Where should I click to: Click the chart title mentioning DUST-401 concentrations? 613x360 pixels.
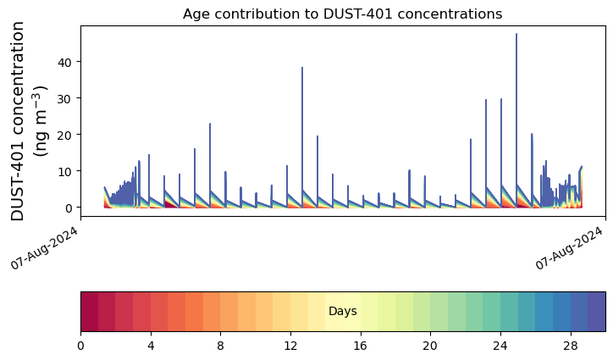point(342,14)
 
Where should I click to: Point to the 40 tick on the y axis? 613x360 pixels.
point(64,62)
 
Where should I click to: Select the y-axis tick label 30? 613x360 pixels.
point(64,98)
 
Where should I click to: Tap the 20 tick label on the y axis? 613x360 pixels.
point(64,135)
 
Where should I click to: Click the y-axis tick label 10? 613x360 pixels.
point(64,171)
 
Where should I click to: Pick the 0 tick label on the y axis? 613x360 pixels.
point(69,208)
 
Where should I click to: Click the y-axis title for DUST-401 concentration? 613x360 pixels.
point(29,121)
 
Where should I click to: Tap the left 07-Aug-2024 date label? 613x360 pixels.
point(44,247)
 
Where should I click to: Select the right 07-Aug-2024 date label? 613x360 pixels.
point(569,247)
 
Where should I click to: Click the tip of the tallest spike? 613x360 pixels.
point(516,34)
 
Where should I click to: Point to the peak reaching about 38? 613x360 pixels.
point(302,67)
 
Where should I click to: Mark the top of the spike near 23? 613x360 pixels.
point(210,124)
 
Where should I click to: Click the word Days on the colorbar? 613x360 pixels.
point(342,311)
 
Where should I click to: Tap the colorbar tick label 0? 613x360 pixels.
point(81,346)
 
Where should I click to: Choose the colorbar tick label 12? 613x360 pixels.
point(290,346)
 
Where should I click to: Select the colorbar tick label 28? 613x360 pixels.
point(571,346)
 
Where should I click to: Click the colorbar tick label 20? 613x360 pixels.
point(430,346)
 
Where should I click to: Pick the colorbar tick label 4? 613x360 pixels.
point(151,346)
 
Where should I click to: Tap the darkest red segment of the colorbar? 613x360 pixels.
point(90,312)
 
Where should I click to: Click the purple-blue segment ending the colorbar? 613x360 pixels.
point(597,312)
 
